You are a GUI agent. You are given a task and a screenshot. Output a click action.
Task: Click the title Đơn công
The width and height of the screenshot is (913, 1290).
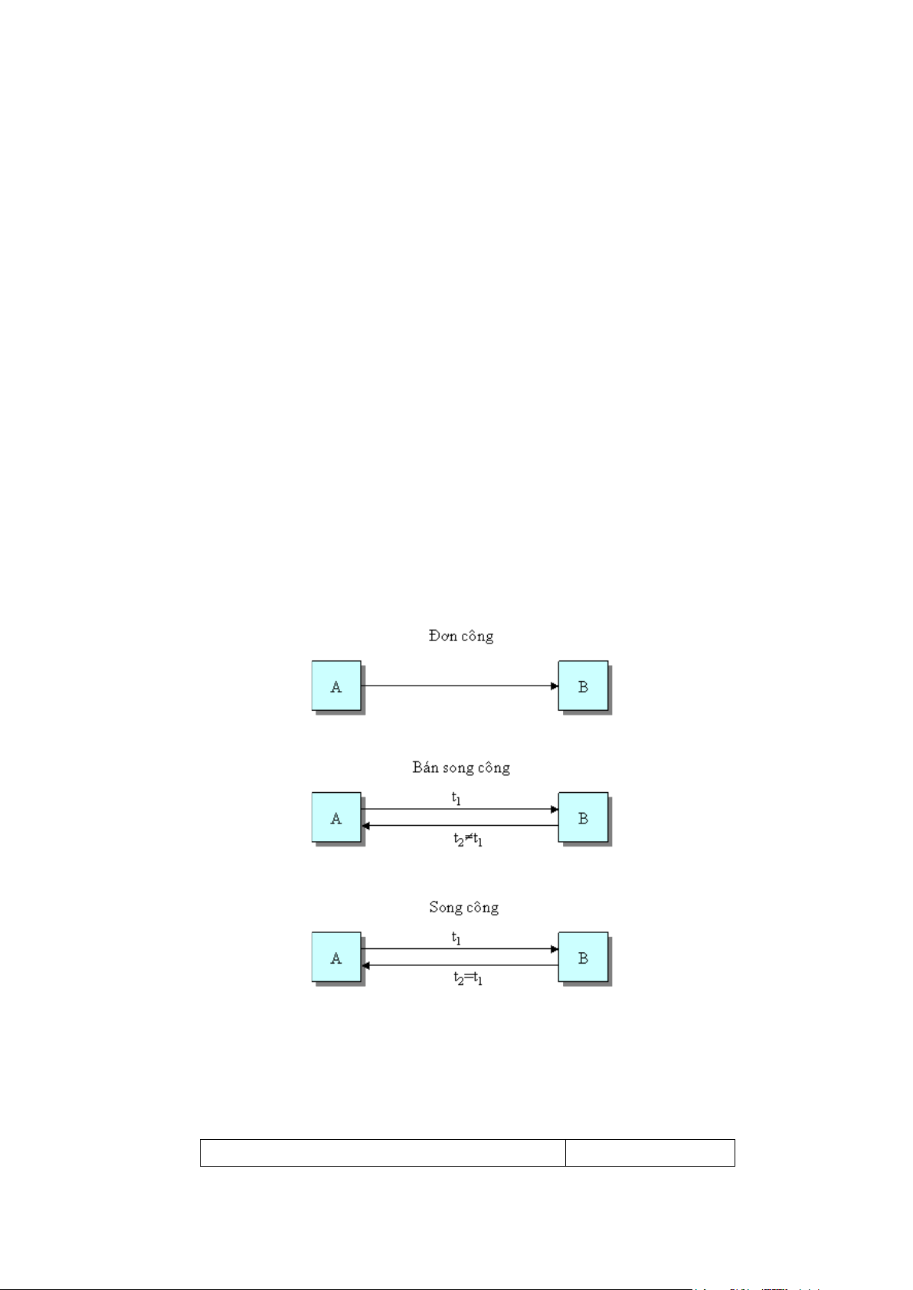460,636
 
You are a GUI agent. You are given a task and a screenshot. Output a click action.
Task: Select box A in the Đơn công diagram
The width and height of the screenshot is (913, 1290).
336,686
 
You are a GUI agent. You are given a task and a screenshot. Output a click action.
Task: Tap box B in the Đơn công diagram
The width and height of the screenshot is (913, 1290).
583,686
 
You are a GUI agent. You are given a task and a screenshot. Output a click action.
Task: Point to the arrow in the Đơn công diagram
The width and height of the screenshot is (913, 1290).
460,686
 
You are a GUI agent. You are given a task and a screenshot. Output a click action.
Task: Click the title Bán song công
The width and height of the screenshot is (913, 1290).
460,768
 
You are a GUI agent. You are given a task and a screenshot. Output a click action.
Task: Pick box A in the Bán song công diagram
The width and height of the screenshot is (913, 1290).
336,817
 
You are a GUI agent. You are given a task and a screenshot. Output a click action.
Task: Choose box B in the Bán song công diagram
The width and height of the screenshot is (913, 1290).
583,817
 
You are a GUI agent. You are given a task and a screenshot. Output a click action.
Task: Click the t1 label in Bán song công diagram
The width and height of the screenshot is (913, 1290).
456,798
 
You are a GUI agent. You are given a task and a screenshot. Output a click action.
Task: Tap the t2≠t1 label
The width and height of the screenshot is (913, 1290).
467,840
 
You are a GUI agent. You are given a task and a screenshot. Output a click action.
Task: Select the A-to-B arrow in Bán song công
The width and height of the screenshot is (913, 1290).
460,809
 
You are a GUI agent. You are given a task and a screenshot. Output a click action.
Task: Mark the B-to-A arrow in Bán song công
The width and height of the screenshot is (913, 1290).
460,826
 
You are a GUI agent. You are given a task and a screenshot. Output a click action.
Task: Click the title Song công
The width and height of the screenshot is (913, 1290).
463,908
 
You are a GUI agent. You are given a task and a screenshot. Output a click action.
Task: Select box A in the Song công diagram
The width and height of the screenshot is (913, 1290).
336,958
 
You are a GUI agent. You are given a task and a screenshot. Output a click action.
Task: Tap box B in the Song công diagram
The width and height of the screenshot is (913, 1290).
583,958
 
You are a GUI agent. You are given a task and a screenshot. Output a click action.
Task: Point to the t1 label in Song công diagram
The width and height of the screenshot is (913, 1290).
456,938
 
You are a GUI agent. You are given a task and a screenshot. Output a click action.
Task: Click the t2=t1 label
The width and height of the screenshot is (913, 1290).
467,978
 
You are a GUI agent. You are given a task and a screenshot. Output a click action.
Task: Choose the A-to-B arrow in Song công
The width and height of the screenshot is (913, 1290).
460,949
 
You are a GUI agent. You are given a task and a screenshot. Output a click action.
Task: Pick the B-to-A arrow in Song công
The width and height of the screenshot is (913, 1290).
460,965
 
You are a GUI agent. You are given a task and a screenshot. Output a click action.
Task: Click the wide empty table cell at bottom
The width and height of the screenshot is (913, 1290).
382,1152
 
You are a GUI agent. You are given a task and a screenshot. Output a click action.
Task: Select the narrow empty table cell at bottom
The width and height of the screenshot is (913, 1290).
650,1152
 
